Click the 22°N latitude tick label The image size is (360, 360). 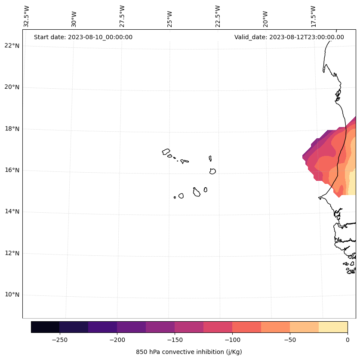[x=12, y=46]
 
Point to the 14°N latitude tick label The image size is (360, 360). [x=12, y=211]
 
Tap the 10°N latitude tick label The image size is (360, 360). [x=12, y=295]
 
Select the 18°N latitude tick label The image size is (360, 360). [x=12, y=129]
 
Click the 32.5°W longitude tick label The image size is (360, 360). [x=26, y=16]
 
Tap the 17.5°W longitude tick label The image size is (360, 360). [x=314, y=16]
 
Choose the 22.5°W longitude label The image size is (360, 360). [x=218, y=16]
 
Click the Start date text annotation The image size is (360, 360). [x=83, y=37]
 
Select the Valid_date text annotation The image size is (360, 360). [x=289, y=37]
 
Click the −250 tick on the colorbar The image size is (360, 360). [x=59, y=340]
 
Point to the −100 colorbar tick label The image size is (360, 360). [x=232, y=340]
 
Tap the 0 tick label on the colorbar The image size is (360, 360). [x=348, y=340]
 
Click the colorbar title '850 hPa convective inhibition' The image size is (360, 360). [x=189, y=352]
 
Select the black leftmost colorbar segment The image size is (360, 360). [x=45, y=327]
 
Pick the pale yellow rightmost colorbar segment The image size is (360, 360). [x=333, y=327]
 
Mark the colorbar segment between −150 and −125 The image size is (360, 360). [x=189, y=327]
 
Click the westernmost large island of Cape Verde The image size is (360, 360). [x=166, y=152]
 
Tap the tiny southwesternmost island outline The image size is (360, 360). [x=175, y=197]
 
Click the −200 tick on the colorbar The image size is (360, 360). [x=117, y=340]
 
